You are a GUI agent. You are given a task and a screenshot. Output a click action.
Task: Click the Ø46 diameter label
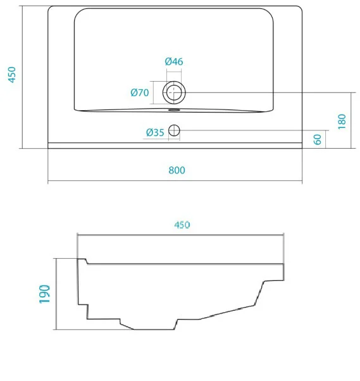174,61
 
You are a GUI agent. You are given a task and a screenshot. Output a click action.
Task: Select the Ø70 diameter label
140,92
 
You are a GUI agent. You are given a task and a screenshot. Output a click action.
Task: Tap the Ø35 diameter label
155,132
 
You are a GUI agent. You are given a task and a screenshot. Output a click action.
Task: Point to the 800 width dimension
177,170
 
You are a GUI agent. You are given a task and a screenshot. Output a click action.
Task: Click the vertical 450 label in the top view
12,75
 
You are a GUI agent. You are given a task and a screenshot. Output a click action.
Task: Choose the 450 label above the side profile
182,225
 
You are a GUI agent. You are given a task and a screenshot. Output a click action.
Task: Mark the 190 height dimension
45,294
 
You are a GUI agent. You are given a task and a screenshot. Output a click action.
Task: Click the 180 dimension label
342,122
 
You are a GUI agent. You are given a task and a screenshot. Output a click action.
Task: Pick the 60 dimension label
318,139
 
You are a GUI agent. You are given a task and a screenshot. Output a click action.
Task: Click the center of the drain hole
174,92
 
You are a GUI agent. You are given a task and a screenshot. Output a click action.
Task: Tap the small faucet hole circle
174,130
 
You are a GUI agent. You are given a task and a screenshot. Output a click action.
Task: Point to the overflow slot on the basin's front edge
174,110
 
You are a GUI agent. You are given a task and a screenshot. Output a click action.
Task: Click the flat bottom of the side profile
154,329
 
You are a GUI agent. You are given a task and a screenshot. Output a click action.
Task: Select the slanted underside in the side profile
227,312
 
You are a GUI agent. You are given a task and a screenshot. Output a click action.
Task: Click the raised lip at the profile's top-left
82,261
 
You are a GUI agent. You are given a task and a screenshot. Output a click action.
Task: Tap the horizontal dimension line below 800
175,181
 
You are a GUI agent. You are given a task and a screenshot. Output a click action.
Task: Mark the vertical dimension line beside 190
56,294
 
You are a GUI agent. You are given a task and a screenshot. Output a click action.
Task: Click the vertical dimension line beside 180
351,120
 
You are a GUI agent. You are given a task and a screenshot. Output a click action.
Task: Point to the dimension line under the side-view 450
180,235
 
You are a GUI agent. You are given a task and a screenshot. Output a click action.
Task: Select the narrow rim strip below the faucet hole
175,146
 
